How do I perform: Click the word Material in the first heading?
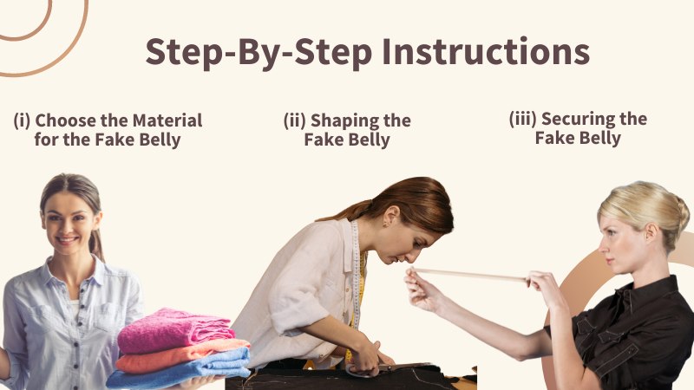(x=167, y=120)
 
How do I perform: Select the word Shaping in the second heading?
(x=340, y=121)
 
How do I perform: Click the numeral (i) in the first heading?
(x=23, y=120)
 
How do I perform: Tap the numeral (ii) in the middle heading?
(x=295, y=120)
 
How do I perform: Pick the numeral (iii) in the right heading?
(x=523, y=119)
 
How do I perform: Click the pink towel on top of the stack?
(x=175, y=329)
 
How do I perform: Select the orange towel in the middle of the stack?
(x=181, y=356)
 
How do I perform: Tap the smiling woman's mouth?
(x=67, y=241)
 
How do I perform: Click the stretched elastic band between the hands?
(x=469, y=275)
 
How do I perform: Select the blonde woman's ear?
(x=650, y=231)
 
